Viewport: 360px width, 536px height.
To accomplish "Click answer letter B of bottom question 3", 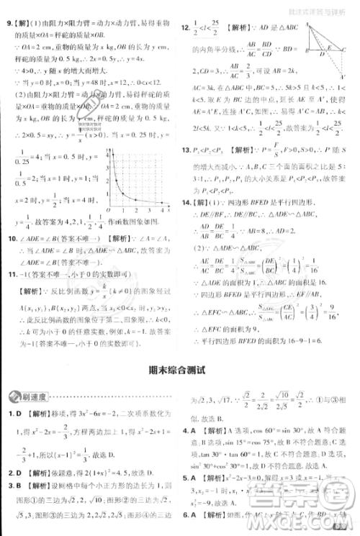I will (20, 485).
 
